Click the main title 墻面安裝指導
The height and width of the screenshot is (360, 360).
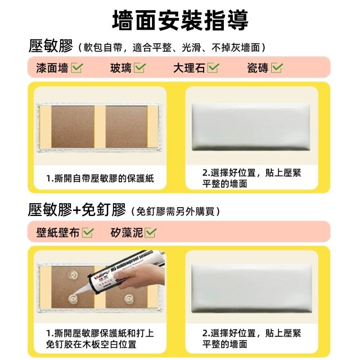pos(180,20)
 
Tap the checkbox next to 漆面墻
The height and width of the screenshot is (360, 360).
pos(77,67)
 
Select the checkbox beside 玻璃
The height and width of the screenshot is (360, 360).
pos(140,67)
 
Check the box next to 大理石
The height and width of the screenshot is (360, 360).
pos(213,67)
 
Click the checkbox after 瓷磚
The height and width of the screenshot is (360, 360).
pos(277,67)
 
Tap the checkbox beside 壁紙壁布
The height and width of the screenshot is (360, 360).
pos(88,232)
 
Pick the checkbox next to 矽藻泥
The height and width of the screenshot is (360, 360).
pos(151,232)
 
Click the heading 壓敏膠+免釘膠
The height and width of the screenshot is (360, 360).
pos(76,209)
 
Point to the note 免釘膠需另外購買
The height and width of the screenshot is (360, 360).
pos(176,211)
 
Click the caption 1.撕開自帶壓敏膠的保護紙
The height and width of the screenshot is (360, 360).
pos(100,178)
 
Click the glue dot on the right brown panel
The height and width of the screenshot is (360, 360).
pos(129,299)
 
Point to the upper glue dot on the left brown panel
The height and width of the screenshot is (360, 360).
pos(73,274)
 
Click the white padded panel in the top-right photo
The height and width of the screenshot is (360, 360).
pos(251,127)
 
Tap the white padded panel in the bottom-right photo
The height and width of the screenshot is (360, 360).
pos(251,289)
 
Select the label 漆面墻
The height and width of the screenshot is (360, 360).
pos(52,68)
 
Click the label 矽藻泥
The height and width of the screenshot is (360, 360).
pos(127,232)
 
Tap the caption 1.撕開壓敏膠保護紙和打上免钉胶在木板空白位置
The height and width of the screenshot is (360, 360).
pos(100,339)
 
